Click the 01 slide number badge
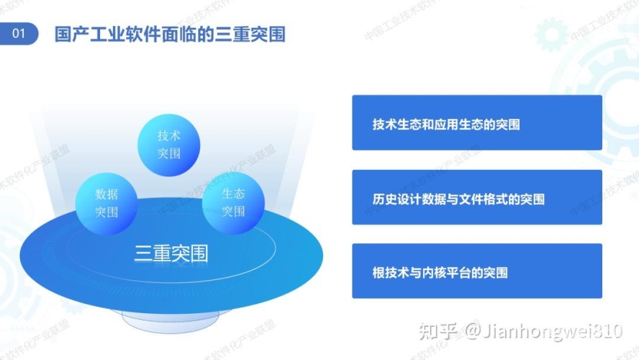(19, 34)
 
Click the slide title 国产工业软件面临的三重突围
(170, 34)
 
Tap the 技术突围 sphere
(168, 145)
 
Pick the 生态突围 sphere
(232, 202)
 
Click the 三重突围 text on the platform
(171, 253)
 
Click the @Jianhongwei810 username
(542, 331)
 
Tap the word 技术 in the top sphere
(168, 135)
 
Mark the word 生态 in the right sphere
(232, 193)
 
